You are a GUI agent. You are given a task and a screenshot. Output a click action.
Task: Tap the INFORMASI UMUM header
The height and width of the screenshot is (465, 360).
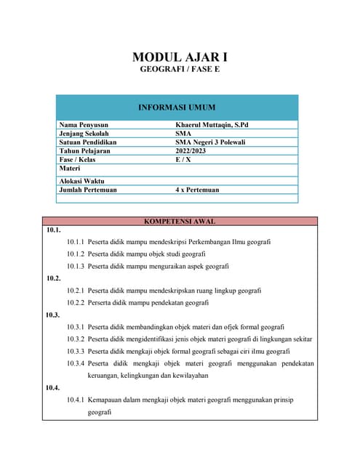pyautogui.click(x=177, y=108)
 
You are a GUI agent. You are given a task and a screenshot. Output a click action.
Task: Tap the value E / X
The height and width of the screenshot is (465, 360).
pyautogui.click(x=183, y=160)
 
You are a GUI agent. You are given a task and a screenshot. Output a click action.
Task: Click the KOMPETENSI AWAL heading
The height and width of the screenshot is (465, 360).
pyautogui.click(x=180, y=221)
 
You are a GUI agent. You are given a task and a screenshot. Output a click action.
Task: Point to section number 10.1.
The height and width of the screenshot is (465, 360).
pyautogui.click(x=52, y=230)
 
